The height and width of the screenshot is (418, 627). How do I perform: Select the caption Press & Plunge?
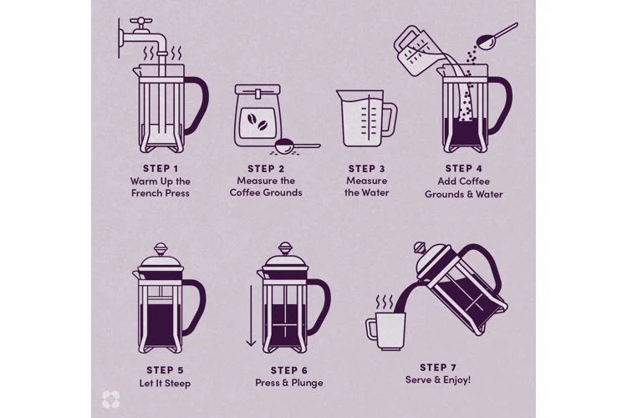click(288, 383)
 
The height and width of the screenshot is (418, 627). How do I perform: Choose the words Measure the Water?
click(365, 186)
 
